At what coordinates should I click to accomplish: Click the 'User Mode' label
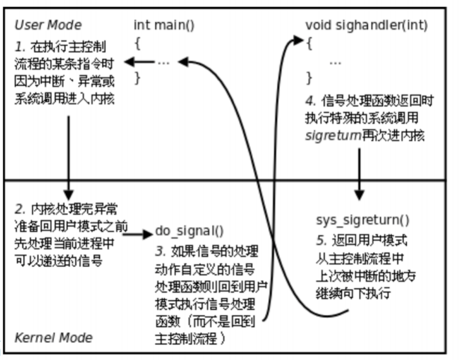(x=48, y=26)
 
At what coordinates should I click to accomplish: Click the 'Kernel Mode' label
(x=53, y=337)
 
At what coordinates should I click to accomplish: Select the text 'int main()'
(x=164, y=26)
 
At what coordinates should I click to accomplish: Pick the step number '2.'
(x=21, y=209)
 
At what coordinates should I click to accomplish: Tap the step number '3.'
(x=161, y=249)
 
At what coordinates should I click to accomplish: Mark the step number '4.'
(x=310, y=102)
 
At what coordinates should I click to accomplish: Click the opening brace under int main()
(x=137, y=44)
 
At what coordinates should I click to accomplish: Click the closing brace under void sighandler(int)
(x=309, y=79)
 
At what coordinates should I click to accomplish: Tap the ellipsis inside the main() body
(x=163, y=62)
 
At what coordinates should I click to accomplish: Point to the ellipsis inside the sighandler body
(x=335, y=63)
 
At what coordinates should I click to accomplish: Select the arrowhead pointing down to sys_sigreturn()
(x=359, y=195)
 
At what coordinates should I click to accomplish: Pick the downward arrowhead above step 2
(x=68, y=193)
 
